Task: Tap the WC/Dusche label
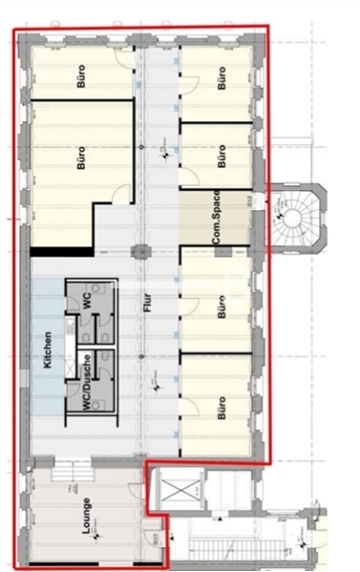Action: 88,392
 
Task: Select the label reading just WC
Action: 86,300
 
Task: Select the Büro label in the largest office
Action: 80,157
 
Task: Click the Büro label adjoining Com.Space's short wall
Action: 222,156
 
